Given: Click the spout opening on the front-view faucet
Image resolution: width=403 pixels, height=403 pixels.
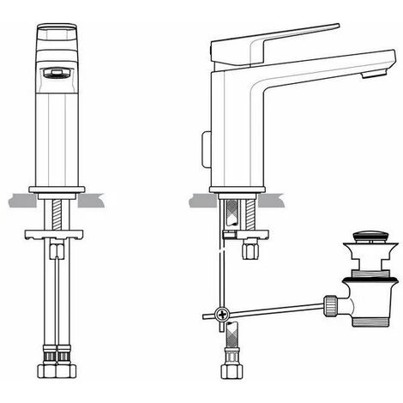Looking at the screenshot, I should (53, 75).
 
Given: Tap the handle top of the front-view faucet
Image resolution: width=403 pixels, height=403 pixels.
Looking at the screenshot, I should (59, 39).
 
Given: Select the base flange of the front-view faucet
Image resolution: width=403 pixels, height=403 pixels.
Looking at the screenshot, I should (59, 189).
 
